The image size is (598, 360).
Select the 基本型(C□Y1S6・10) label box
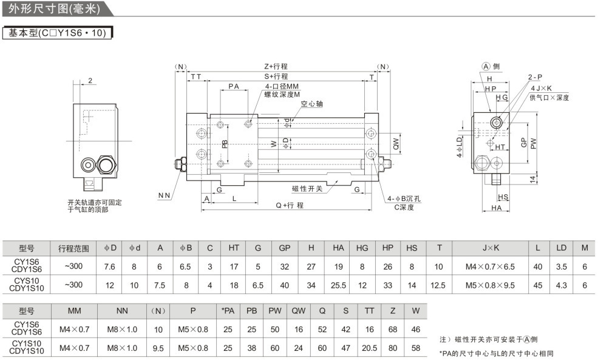point(58,33)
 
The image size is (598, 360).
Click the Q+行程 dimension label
point(290,205)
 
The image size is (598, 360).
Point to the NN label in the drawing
point(164,195)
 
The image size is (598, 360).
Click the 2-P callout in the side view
point(535,77)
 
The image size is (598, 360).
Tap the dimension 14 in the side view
point(532,179)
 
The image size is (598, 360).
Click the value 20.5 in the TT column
point(369,348)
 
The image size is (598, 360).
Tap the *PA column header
point(228,311)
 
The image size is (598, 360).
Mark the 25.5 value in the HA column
point(338,284)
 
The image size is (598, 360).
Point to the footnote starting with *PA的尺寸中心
point(496,353)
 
